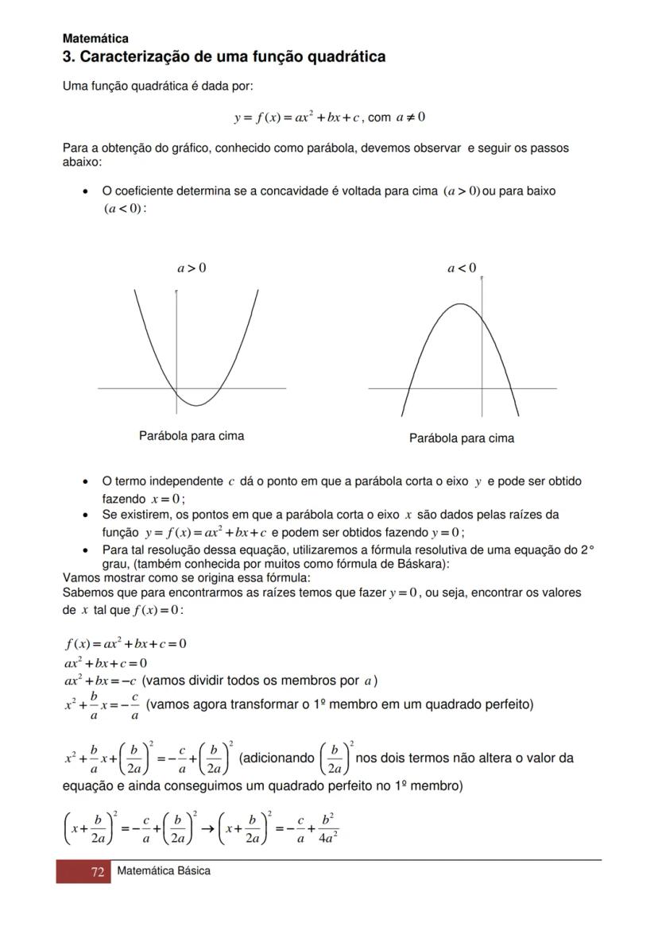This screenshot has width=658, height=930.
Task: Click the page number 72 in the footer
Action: pos(98,872)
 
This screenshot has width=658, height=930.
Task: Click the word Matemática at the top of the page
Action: pos(95,38)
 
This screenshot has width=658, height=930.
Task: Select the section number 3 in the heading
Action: pos(68,57)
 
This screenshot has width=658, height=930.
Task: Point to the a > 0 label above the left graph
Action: pos(192,268)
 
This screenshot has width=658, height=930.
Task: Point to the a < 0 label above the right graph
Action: pos(462,268)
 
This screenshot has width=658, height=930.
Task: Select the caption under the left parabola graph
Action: pos(192,436)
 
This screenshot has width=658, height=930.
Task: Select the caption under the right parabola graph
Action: pos(462,438)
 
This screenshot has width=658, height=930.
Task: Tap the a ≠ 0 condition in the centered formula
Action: pos(410,118)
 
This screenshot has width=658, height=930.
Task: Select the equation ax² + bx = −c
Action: pos(100,681)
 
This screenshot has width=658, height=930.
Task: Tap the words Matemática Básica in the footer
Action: pos(164,871)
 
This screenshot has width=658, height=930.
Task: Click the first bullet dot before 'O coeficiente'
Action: pos(85,192)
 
